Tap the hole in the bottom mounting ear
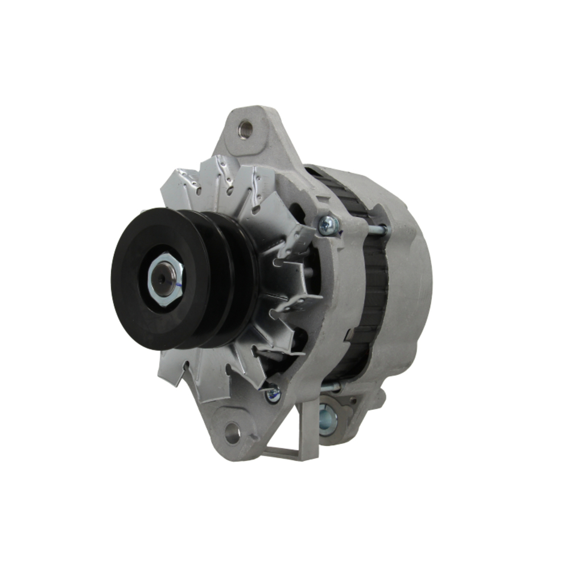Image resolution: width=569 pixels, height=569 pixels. tap(232, 434)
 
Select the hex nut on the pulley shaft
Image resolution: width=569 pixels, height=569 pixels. tap(164, 279)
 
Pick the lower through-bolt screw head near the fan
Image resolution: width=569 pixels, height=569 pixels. tap(273, 393)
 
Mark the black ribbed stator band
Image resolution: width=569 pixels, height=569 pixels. tap(373, 296)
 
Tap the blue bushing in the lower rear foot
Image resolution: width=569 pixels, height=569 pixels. tap(328, 420)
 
